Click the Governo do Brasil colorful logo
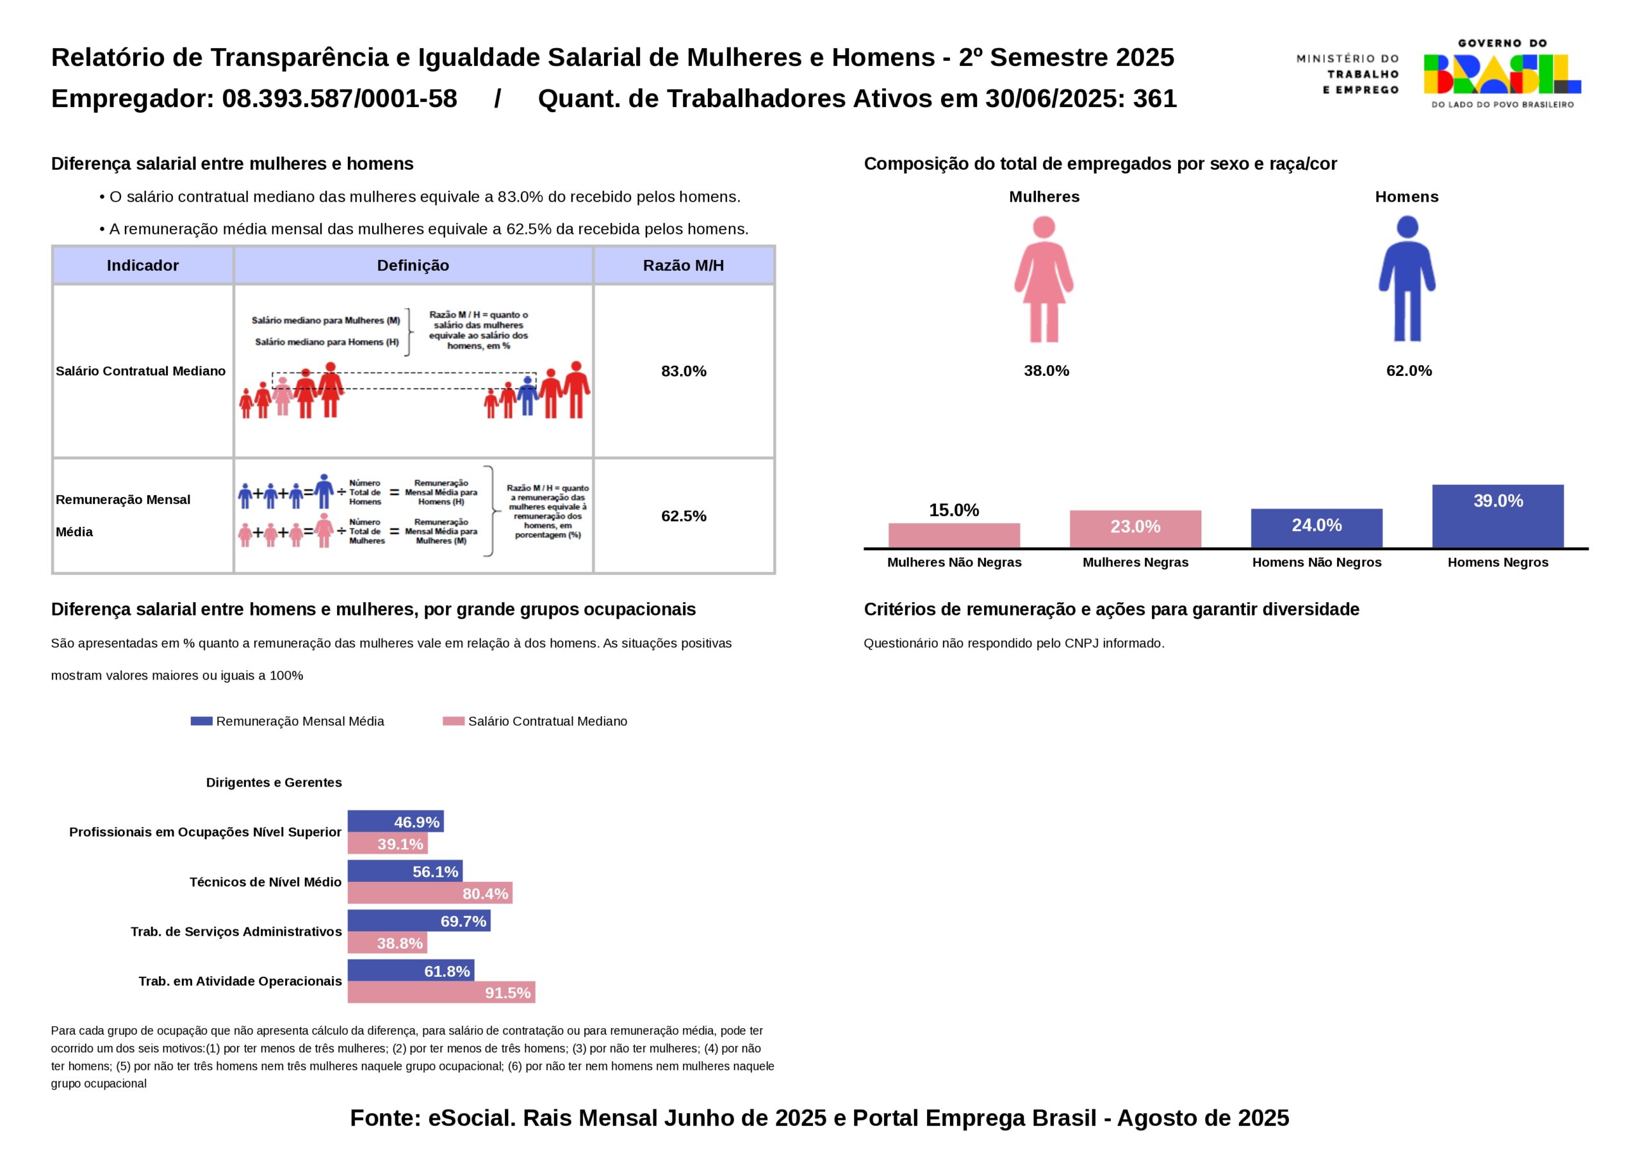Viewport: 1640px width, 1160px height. (1502, 74)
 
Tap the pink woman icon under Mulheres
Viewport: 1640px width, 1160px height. (1044, 279)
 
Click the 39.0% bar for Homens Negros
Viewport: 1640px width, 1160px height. (1497, 516)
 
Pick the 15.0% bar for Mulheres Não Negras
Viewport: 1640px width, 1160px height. (954, 535)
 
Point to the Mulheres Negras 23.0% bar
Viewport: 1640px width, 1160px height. (1135, 528)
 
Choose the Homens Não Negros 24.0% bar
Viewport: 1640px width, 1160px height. (1316, 528)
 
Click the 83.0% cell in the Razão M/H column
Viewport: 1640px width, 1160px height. (684, 371)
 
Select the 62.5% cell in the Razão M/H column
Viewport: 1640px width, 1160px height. (684, 516)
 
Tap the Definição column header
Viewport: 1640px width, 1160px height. (413, 266)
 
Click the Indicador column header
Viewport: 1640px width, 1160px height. (143, 266)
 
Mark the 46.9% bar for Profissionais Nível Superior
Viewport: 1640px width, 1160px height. (396, 821)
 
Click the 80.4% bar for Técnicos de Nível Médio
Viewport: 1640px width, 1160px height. (430, 893)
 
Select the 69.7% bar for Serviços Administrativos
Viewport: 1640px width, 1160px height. (418, 920)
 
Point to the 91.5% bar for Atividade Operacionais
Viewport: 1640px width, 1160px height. (441, 992)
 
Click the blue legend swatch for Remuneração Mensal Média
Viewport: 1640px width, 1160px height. (201, 721)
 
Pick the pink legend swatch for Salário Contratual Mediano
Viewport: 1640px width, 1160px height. (454, 721)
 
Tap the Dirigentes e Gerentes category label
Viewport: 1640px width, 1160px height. (274, 782)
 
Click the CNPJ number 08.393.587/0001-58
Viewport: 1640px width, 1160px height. (340, 99)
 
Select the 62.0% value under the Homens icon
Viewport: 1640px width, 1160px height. (1409, 371)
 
